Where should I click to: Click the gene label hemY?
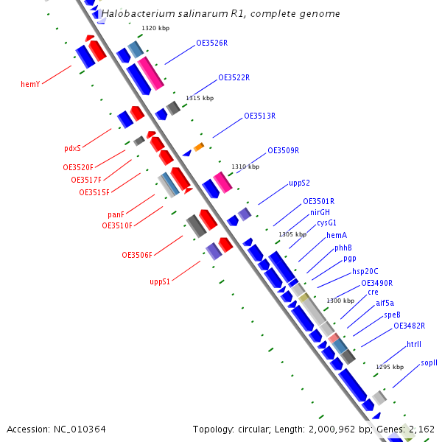pyautogui.click(x=30, y=84)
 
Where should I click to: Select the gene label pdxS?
pyautogui.click(x=72, y=148)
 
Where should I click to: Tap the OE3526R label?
pyautogui.click(x=211, y=43)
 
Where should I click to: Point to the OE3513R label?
pyautogui.click(x=259, y=116)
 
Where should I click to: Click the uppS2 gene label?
pyautogui.click(x=299, y=183)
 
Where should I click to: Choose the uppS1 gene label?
pyautogui.click(x=160, y=281)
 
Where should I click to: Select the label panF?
pyautogui.click(x=115, y=214)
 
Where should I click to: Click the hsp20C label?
pyautogui.click(x=365, y=271)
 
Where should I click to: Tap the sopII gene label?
pyautogui.click(x=429, y=362)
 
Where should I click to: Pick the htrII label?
pyautogui.click(x=414, y=344)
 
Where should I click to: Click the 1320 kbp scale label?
pyautogui.click(x=155, y=28)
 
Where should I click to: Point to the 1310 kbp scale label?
pyautogui.click(x=245, y=166)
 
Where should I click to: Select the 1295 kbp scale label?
pyautogui.click(x=390, y=367)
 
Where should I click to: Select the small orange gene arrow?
pyautogui.click(x=199, y=147)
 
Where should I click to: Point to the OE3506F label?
pyautogui.click(x=137, y=255)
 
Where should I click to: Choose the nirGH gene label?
pyautogui.click(x=320, y=211)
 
